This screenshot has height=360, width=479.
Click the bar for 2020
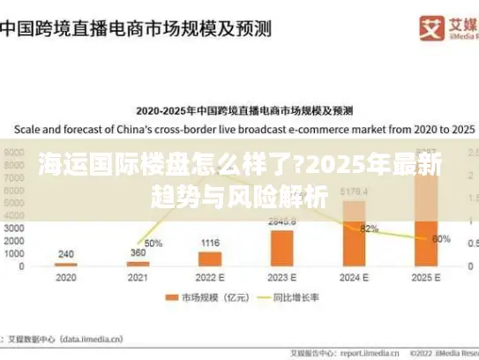65,264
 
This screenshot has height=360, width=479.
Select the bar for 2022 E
209,259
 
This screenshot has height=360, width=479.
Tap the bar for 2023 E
281,248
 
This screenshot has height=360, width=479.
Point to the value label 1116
210,243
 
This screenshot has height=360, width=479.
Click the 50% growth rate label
153,243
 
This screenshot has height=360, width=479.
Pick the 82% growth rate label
370,229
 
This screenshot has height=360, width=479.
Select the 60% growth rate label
442,238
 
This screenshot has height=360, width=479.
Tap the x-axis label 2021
138,276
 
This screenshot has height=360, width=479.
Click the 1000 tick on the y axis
15,253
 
